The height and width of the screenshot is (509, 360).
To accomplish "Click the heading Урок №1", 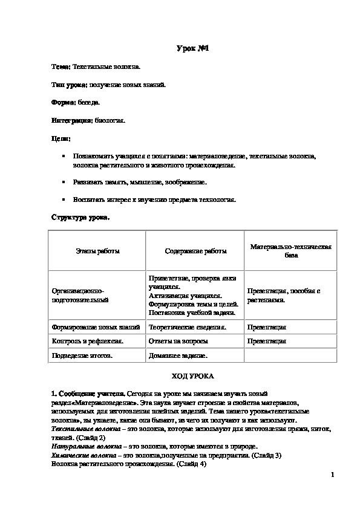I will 192,48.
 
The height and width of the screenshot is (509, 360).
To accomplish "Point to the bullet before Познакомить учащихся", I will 64,156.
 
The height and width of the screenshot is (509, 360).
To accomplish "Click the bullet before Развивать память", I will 64,182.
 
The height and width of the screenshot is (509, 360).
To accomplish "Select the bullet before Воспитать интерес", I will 64,199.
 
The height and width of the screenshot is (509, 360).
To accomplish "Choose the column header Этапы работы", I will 97,251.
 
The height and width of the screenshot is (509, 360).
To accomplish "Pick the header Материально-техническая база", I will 292,251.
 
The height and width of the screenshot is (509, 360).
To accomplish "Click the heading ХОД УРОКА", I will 192,375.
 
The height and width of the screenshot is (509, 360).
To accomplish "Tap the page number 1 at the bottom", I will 332,475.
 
